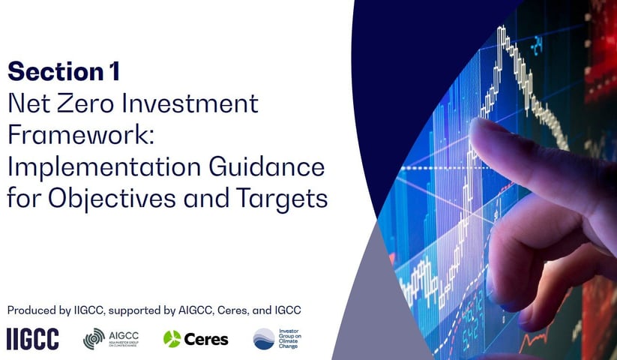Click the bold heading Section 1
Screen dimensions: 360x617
point(64,72)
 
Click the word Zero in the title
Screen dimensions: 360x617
point(97,103)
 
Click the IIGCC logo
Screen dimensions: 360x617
point(32,339)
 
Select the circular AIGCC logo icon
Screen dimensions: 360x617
point(94,339)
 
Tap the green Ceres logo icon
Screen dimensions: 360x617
point(172,339)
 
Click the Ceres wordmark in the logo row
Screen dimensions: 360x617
point(206,339)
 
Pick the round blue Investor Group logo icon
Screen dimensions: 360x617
point(264,339)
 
